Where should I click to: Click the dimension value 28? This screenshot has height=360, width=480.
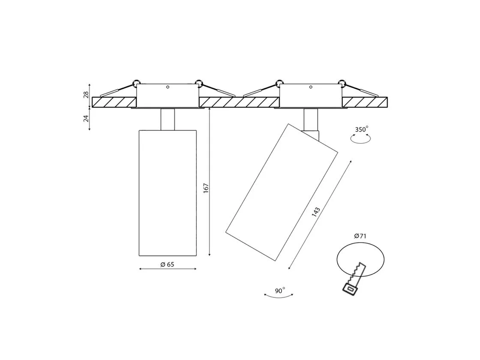click(86, 94)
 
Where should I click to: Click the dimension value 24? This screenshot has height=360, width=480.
click(86, 118)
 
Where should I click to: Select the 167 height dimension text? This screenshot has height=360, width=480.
click(206, 188)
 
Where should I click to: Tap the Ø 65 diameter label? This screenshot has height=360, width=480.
click(167, 264)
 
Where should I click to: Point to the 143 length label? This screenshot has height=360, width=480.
click(315, 212)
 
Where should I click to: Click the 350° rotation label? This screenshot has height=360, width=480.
click(362, 129)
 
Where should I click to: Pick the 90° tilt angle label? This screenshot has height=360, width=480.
click(279, 290)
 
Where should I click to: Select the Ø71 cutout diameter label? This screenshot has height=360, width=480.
click(360, 236)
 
